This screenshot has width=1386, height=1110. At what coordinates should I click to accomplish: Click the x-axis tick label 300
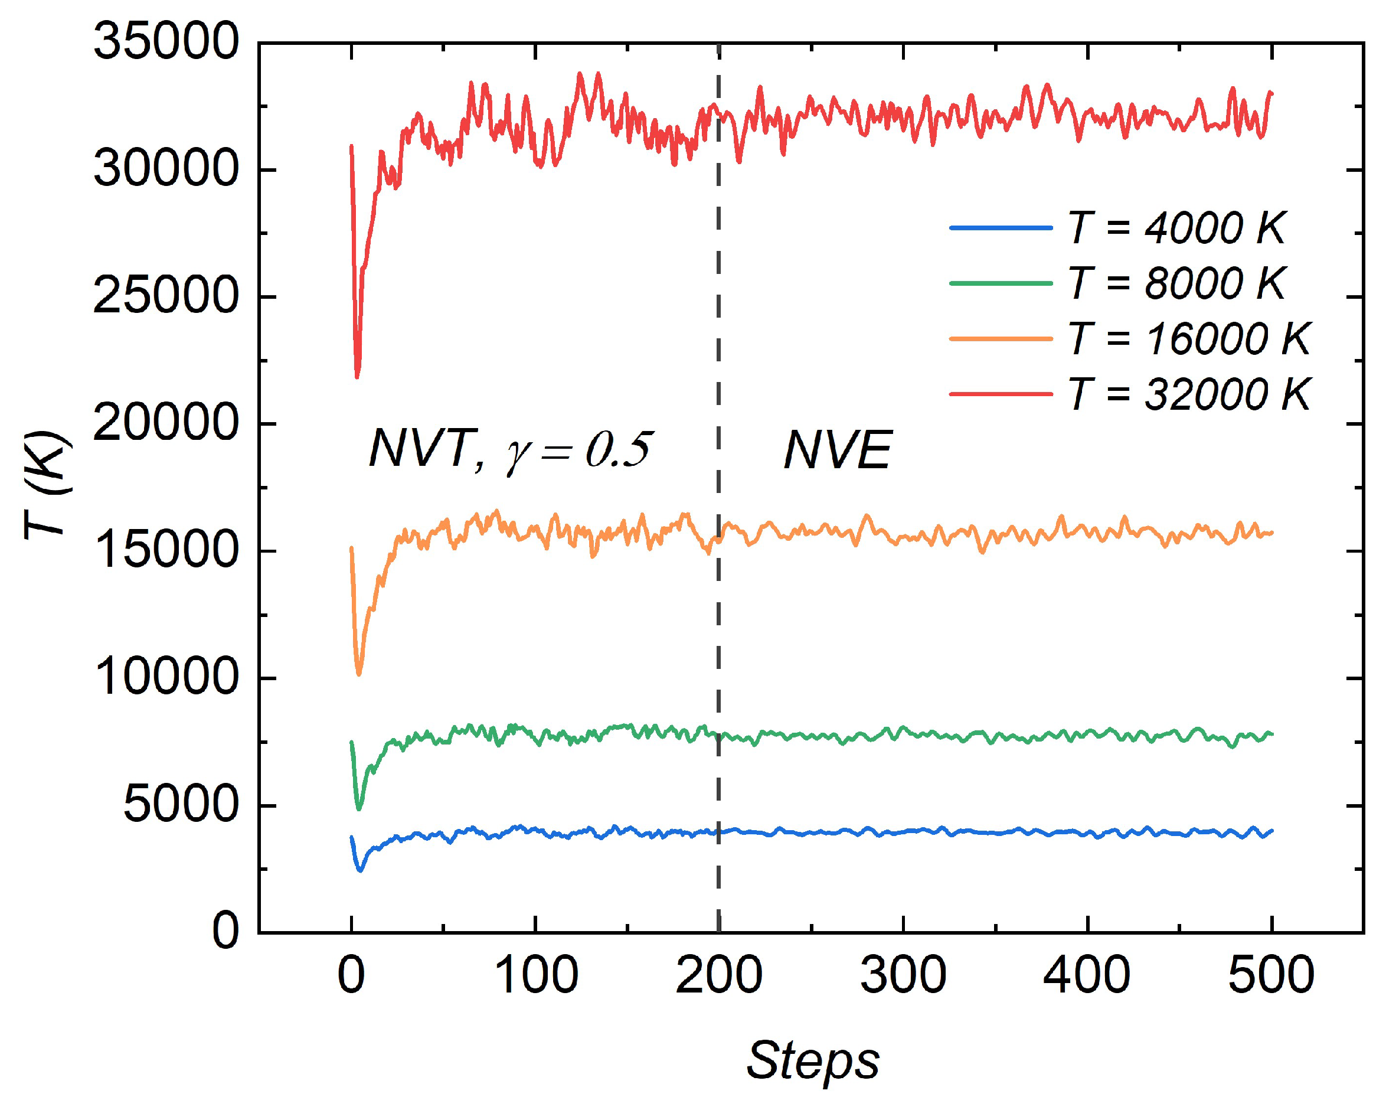[x=903, y=975]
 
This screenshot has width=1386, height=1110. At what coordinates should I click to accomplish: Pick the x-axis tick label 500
[x=1270, y=975]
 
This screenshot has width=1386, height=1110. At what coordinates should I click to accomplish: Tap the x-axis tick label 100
[x=535, y=975]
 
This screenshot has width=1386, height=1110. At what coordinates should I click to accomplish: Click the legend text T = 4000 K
[x=1176, y=228]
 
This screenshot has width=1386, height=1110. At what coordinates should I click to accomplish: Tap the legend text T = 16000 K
[x=1189, y=338]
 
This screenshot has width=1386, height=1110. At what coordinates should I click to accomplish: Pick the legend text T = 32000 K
[x=1189, y=394]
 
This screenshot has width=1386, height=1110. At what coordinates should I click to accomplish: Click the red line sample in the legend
[x=1001, y=394]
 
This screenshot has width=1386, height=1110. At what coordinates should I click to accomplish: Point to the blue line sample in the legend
[x=1001, y=228]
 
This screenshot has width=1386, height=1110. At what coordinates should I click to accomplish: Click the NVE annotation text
[x=838, y=450]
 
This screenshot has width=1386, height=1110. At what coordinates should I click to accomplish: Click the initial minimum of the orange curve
[x=359, y=673]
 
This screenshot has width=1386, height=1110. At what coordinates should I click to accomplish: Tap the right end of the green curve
[x=1271, y=734]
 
